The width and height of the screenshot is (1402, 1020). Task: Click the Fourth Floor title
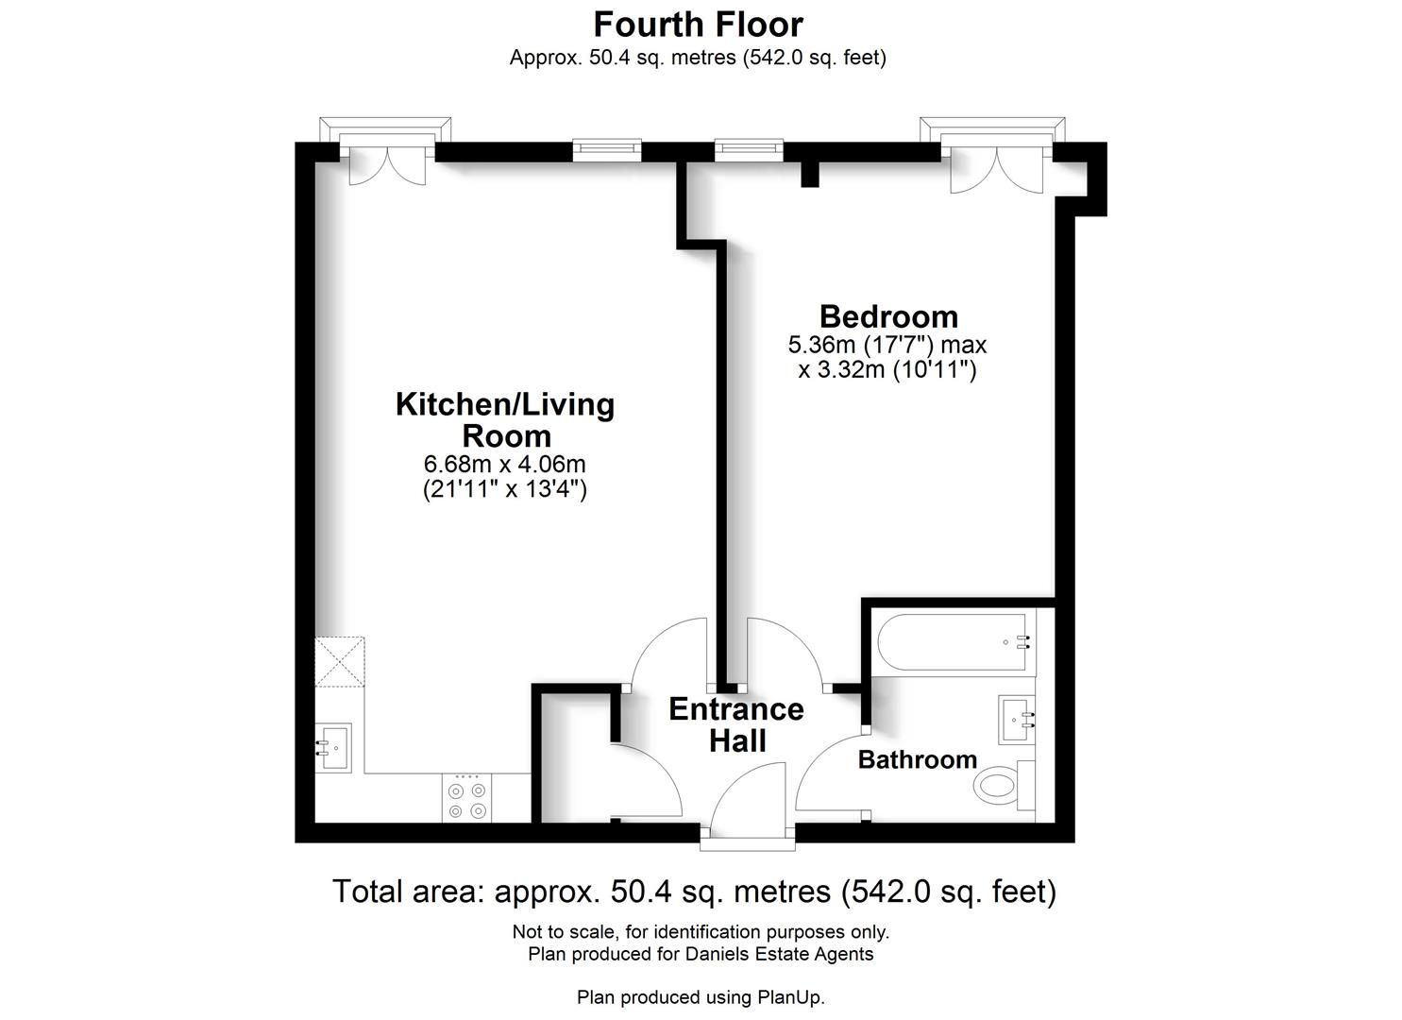click(x=699, y=24)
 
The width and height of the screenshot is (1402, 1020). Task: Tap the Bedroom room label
click(x=887, y=316)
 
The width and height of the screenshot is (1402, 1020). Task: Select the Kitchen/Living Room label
click(x=505, y=419)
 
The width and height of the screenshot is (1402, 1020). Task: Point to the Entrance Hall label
click(x=736, y=724)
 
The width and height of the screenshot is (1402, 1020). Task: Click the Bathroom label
click(x=917, y=759)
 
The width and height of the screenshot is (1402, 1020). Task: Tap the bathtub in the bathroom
click(x=952, y=642)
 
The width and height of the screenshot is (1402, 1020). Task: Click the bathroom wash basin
click(x=1017, y=721)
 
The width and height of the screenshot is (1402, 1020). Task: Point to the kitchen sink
click(x=333, y=747)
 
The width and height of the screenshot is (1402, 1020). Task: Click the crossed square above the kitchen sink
click(x=339, y=662)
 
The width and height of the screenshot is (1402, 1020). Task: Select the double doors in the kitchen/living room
click(x=387, y=162)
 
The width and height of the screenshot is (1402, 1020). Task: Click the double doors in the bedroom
click(x=996, y=168)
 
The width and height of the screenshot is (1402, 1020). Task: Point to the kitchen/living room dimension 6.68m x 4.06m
click(x=505, y=465)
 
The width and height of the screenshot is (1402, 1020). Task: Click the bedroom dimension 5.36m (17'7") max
click(x=887, y=345)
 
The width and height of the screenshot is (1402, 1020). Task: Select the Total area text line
click(x=694, y=891)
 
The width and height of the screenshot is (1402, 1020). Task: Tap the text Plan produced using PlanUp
click(x=701, y=997)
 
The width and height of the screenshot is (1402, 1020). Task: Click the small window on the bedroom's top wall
click(x=749, y=150)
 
